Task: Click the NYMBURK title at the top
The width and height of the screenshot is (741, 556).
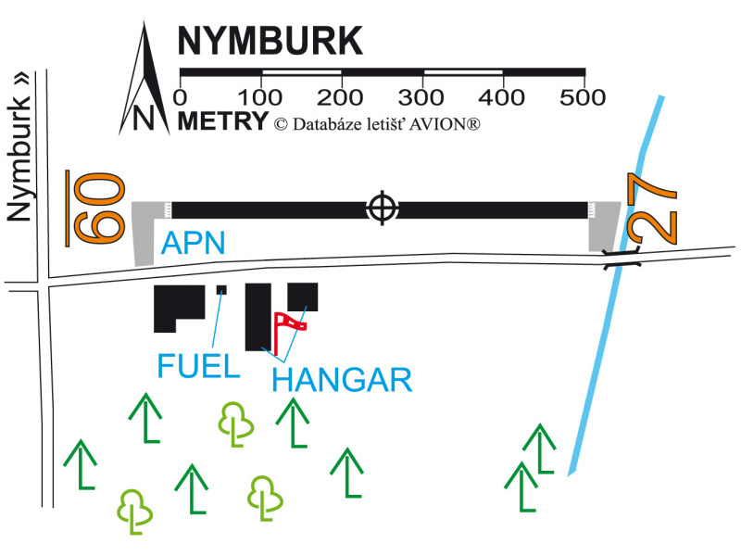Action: click(x=270, y=42)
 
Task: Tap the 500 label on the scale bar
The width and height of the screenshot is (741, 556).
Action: click(x=583, y=96)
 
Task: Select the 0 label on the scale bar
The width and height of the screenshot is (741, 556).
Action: click(x=181, y=96)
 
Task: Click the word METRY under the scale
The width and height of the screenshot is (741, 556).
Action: click(x=222, y=120)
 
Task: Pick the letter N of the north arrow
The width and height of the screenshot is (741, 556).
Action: click(x=143, y=118)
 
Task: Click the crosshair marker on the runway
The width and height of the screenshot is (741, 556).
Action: click(x=381, y=208)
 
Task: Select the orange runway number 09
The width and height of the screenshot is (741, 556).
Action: click(x=94, y=208)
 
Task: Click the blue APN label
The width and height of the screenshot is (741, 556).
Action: click(x=194, y=244)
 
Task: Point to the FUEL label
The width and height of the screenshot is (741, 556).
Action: click(x=198, y=366)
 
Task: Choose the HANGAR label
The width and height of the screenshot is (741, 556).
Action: click(x=342, y=380)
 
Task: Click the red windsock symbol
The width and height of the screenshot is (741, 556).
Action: click(x=291, y=327)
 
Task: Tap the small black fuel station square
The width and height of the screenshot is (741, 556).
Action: click(x=221, y=290)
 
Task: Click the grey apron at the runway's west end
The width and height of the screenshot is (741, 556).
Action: click(x=145, y=232)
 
